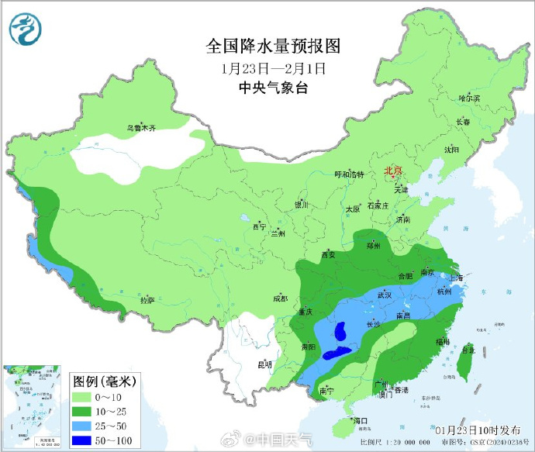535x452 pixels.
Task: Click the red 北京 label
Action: (394, 171)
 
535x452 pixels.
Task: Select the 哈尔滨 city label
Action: (469, 98)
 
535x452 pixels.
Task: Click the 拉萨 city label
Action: (147, 299)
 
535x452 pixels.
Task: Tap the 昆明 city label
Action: (266, 364)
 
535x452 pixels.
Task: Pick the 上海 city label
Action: (455, 277)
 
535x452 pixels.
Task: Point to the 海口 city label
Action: (358, 420)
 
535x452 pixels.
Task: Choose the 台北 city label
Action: (468, 350)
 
